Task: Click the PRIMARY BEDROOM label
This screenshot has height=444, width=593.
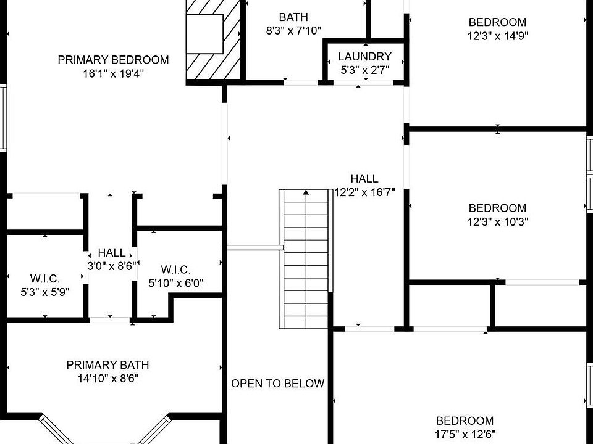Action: pyautogui.click(x=113, y=60)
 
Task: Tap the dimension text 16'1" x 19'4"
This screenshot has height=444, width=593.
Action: pyautogui.click(x=113, y=73)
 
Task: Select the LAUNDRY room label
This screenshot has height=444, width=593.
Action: pyautogui.click(x=364, y=57)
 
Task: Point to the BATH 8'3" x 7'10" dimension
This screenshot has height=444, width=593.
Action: pyautogui.click(x=293, y=30)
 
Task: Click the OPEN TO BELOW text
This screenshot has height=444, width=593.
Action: pyautogui.click(x=277, y=384)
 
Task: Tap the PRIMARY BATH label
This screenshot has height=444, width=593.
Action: pyautogui.click(x=107, y=365)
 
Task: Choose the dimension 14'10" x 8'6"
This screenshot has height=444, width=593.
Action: pyautogui.click(x=107, y=379)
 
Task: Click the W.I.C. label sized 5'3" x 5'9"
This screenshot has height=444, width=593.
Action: pyautogui.click(x=44, y=278)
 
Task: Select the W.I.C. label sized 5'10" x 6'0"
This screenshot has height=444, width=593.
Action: pyautogui.click(x=175, y=269)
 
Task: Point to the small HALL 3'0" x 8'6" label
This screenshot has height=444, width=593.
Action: pyautogui.click(x=112, y=253)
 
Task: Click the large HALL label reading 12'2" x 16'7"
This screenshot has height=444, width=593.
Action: pyautogui.click(x=364, y=179)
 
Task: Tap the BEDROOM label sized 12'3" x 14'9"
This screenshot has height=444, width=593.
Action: pyautogui.click(x=497, y=22)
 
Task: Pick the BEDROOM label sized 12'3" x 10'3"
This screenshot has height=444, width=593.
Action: pyautogui.click(x=497, y=208)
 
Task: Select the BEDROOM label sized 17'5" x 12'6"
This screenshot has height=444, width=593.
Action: pyautogui.click(x=465, y=421)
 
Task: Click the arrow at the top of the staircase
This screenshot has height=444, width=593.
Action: pyautogui.click(x=305, y=193)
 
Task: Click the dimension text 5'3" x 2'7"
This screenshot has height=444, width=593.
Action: pyautogui.click(x=364, y=70)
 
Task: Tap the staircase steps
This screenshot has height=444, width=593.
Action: pyautogui.click(x=305, y=265)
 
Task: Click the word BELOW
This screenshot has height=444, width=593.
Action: pyautogui.click(x=301, y=384)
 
